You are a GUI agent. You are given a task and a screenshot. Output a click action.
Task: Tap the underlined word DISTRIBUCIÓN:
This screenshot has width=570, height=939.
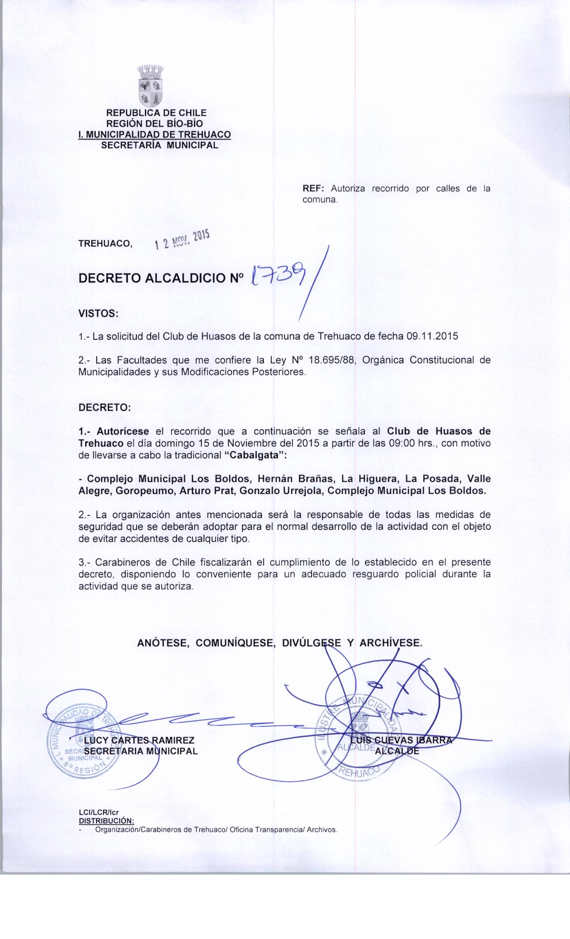click(106, 821)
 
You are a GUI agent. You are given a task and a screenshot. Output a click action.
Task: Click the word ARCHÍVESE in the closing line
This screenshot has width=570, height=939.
click(391, 643)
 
